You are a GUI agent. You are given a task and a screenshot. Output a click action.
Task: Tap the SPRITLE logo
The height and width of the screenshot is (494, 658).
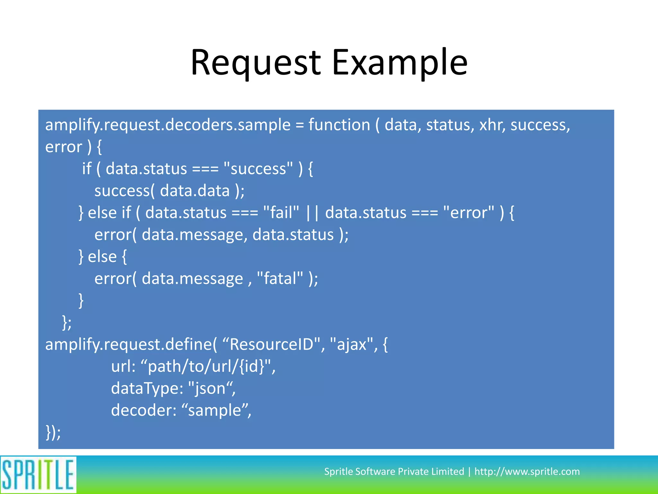coord(38,475)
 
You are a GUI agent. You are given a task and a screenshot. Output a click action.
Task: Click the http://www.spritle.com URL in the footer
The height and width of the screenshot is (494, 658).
coord(527,471)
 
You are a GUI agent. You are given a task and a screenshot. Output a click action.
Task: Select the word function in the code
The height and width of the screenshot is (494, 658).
coord(339,125)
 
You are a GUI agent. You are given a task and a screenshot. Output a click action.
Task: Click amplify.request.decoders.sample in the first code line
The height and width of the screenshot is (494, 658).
coord(168,125)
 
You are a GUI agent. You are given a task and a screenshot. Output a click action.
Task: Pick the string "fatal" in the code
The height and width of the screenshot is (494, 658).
coord(280,279)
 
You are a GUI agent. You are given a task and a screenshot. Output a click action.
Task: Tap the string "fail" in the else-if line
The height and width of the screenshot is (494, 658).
coord(281,213)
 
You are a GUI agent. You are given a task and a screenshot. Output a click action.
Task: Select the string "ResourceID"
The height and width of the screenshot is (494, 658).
coord(271,344)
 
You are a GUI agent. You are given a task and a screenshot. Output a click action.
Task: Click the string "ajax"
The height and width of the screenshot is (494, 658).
coord(351,344)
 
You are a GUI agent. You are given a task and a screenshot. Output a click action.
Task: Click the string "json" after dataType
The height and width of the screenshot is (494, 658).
coord(210,388)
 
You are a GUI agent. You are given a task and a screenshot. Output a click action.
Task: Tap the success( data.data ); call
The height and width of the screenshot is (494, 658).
coord(169,191)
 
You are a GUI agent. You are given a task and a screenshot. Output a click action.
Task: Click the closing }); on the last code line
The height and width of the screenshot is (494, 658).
coord(53,432)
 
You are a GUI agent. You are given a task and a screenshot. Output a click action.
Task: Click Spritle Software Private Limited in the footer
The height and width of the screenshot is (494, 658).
coord(394,471)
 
